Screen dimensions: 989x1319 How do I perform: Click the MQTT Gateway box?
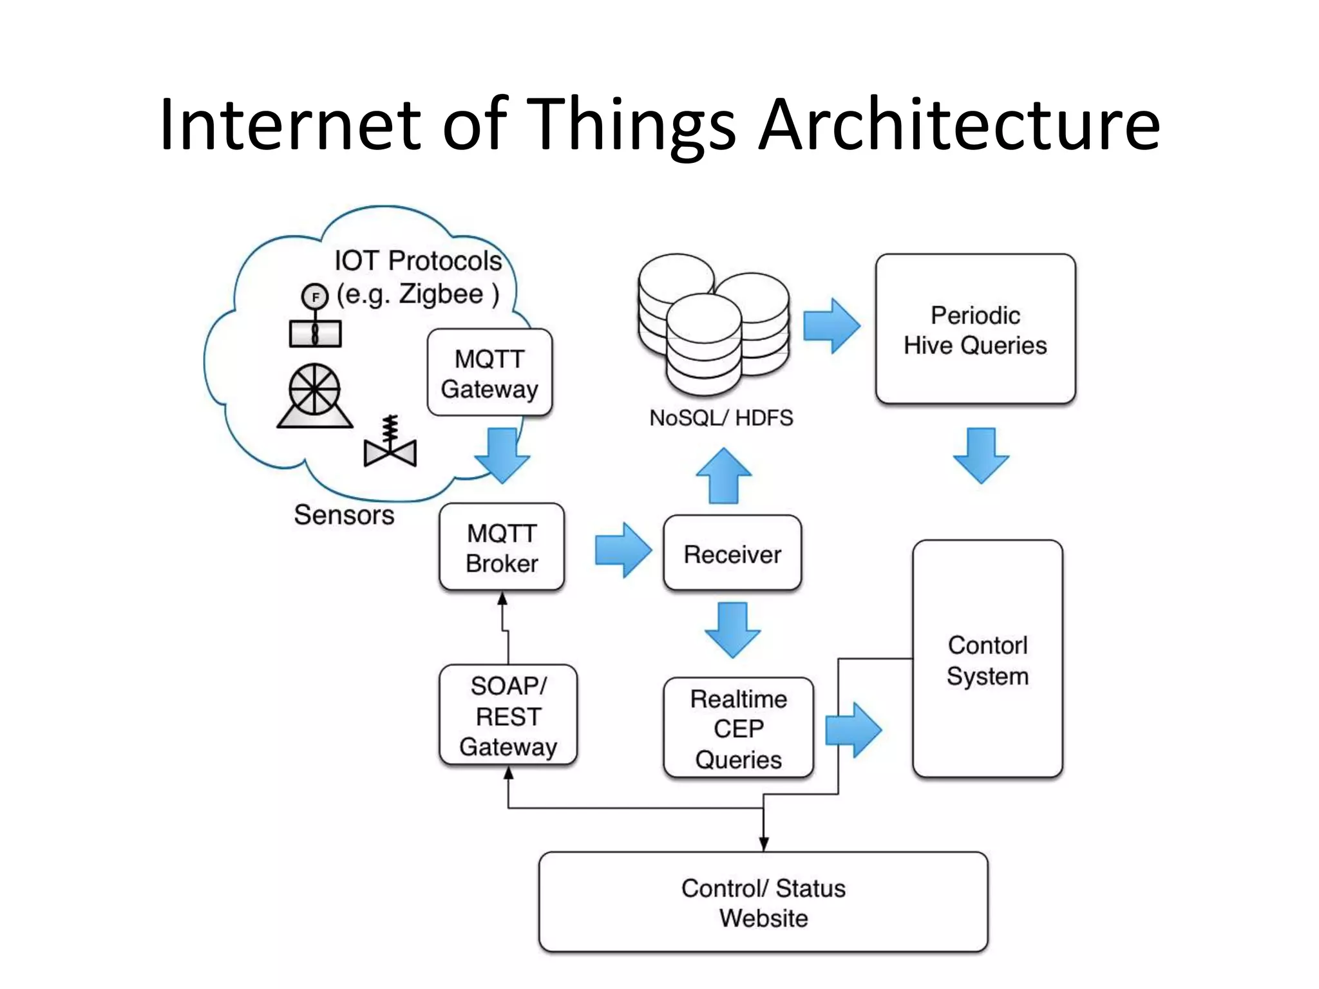tap(489, 373)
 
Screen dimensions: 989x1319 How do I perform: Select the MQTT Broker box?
tap(502, 547)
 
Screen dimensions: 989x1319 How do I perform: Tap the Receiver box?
tap(732, 553)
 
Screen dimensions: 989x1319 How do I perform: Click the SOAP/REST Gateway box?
tap(508, 715)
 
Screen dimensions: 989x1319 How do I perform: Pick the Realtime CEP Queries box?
tap(738, 728)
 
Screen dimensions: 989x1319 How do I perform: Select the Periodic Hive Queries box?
tap(975, 329)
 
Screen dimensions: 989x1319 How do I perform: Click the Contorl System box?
tap(987, 659)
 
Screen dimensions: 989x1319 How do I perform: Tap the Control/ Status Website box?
tap(763, 902)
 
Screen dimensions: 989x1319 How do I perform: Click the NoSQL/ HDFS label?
tap(721, 418)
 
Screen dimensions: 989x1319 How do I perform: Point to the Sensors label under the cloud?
tap(344, 515)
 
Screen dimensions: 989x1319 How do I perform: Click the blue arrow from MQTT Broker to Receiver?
tap(623, 551)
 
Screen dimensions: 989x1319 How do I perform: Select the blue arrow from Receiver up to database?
tap(724, 476)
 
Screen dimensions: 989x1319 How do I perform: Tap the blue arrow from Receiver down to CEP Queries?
tap(732, 630)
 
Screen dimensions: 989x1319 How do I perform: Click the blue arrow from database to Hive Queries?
tap(831, 326)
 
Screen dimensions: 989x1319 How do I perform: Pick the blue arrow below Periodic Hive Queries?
tap(981, 455)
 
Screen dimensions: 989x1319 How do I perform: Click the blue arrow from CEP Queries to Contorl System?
tap(853, 730)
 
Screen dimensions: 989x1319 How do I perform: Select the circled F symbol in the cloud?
tap(315, 297)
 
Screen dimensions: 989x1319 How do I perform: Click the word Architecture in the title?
tap(960, 124)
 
